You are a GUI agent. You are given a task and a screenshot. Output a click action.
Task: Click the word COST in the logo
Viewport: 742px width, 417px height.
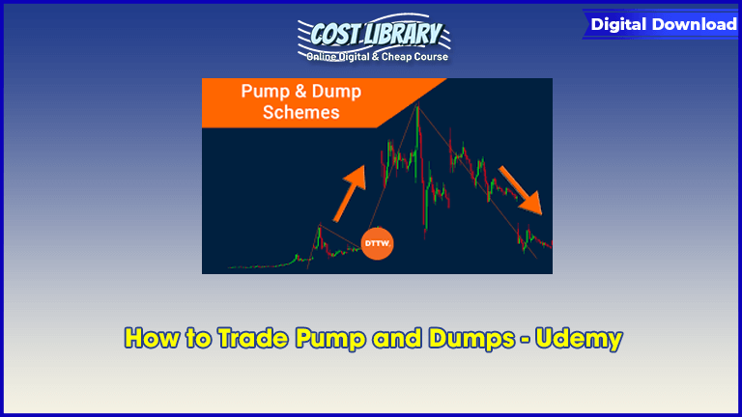(x=335, y=34)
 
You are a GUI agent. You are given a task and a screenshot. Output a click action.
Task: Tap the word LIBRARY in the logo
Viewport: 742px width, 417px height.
(x=402, y=34)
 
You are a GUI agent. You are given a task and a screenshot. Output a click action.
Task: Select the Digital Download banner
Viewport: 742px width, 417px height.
(x=661, y=24)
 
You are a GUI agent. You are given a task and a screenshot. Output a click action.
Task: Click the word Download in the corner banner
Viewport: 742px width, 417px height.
(x=695, y=24)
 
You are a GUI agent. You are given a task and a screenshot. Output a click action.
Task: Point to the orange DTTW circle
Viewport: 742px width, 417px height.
(x=377, y=243)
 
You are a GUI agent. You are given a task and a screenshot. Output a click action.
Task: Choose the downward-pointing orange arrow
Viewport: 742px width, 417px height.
(x=521, y=189)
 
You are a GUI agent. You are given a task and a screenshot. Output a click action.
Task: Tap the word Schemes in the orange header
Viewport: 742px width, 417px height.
(x=301, y=113)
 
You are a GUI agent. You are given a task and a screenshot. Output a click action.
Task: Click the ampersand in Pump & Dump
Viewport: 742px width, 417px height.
(x=300, y=91)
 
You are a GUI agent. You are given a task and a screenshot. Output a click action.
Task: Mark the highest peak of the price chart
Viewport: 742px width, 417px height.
(x=417, y=106)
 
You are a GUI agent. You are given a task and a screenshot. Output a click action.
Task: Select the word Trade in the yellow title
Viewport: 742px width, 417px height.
(x=254, y=338)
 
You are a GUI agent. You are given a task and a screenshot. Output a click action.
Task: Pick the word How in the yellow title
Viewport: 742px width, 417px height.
(x=153, y=338)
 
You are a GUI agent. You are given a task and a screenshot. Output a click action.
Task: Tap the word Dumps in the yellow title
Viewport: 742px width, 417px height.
(x=471, y=339)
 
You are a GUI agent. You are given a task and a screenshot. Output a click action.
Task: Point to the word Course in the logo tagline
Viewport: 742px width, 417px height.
(x=431, y=57)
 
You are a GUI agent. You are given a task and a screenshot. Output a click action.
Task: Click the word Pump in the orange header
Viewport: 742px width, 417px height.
(x=266, y=92)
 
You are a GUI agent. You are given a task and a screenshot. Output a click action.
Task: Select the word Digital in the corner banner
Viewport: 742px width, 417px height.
(x=618, y=24)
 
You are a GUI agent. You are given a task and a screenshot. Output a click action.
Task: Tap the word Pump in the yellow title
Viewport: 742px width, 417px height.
(x=330, y=340)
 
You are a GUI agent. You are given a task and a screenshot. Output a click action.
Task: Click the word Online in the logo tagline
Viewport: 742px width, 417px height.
(x=322, y=57)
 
